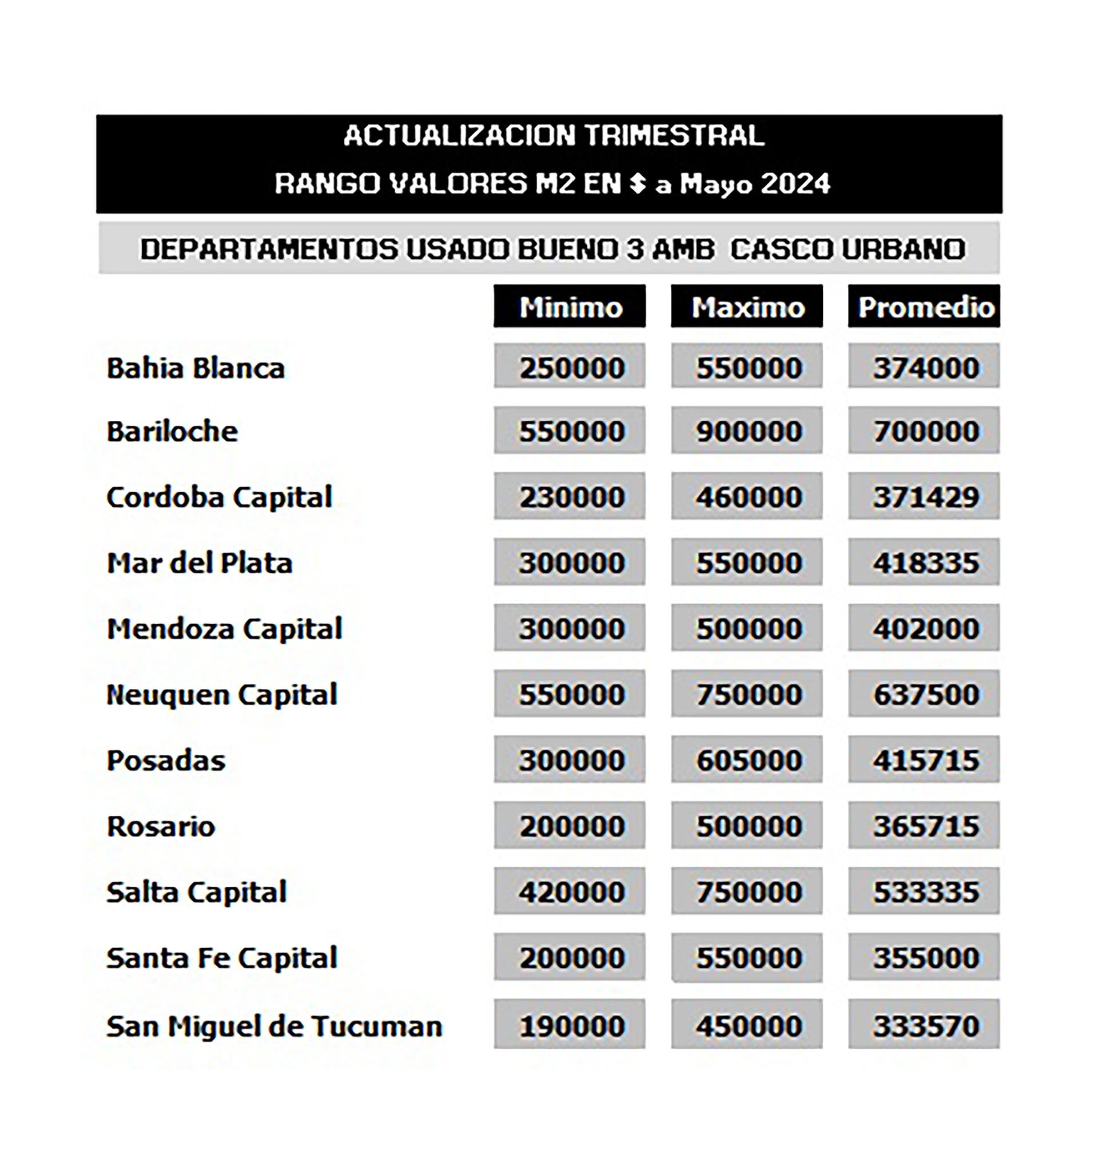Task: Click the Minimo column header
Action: [570, 306]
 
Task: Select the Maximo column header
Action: [747, 306]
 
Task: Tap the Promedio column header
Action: [924, 306]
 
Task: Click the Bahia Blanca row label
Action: [196, 368]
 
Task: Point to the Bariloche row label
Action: [172, 431]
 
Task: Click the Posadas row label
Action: [166, 760]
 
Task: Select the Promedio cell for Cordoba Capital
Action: [924, 497]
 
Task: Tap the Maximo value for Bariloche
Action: [747, 431]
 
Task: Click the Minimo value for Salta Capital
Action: [570, 892]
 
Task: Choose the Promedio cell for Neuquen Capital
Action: [924, 695]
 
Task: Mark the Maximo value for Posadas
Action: [747, 760]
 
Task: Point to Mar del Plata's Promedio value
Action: [924, 563]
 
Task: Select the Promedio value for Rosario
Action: [924, 826]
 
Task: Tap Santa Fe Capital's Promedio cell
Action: [924, 958]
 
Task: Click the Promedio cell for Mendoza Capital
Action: [924, 628]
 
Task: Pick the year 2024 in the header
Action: [795, 184]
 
